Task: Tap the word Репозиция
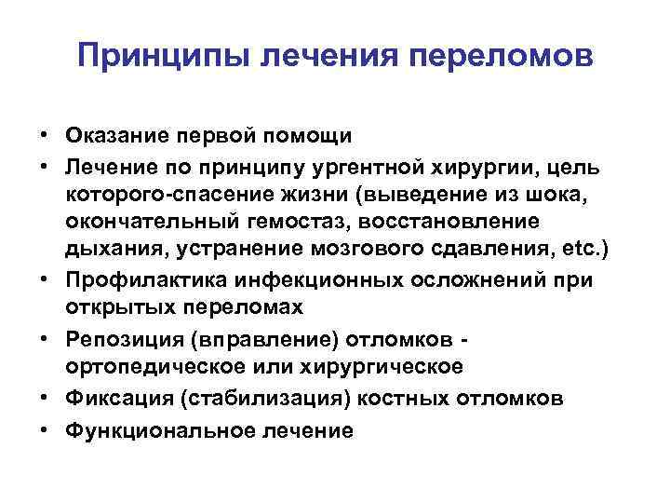pos(116,340)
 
